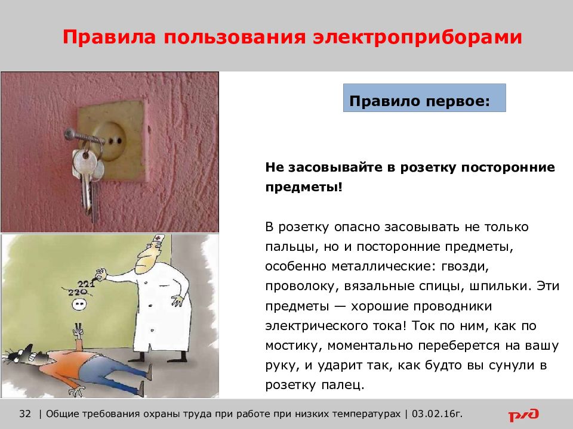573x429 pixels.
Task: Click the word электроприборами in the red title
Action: [417, 37]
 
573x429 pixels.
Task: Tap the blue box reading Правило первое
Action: [424, 98]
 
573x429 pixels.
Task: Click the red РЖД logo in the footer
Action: [523, 415]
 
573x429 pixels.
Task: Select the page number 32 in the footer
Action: [25, 414]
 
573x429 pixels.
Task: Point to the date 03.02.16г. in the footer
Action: [437, 414]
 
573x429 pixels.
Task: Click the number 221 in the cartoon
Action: [86, 284]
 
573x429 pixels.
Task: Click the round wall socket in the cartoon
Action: [79, 303]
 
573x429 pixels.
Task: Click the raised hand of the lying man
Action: [78, 331]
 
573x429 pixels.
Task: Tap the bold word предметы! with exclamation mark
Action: [304, 188]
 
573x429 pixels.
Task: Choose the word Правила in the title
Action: [109, 37]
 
